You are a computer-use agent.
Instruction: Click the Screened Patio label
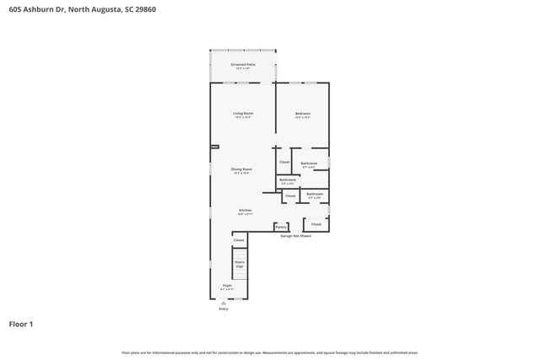point(243,63)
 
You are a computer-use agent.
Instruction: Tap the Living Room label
point(243,113)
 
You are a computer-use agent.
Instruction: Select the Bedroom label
point(302,113)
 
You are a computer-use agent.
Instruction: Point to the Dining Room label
point(242,169)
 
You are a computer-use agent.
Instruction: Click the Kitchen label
point(245,210)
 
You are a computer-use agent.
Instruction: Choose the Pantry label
point(281,227)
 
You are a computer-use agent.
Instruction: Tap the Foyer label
point(227,286)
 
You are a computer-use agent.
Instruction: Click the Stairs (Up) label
point(240,264)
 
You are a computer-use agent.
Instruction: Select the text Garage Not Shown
point(295,236)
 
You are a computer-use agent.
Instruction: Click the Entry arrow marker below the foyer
point(224,303)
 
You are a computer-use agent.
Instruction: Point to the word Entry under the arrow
point(224,309)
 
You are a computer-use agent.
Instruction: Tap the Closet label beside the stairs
point(239,241)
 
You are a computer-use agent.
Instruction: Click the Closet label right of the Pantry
point(316,224)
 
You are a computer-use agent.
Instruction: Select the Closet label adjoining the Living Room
point(284,162)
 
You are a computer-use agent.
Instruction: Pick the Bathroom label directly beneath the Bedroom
point(309,163)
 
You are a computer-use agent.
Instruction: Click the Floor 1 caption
point(21,323)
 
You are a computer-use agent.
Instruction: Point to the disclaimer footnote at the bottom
point(269,352)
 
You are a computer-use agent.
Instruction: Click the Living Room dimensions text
point(243,117)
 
